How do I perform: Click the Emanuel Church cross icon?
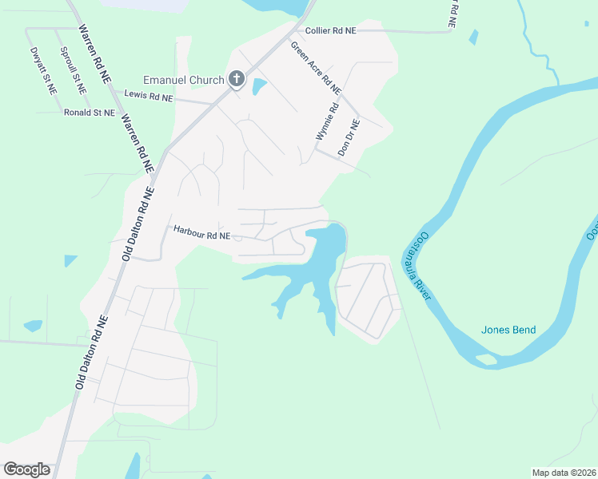tap(236, 79)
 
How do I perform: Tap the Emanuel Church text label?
tap(184, 80)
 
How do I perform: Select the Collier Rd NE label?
tap(330, 30)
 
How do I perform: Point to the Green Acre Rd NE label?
tap(316, 65)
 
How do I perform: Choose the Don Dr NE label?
tap(349, 137)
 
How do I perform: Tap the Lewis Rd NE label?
tap(148, 97)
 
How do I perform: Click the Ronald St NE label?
tap(90, 113)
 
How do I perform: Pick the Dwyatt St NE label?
tap(44, 72)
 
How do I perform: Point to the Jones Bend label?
tap(508, 330)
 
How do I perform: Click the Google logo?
tap(26, 469)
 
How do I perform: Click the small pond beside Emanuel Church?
tap(259, 86)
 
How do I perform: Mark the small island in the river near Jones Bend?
tap(486, 359)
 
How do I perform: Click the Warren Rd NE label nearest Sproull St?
tap(94, 53)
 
